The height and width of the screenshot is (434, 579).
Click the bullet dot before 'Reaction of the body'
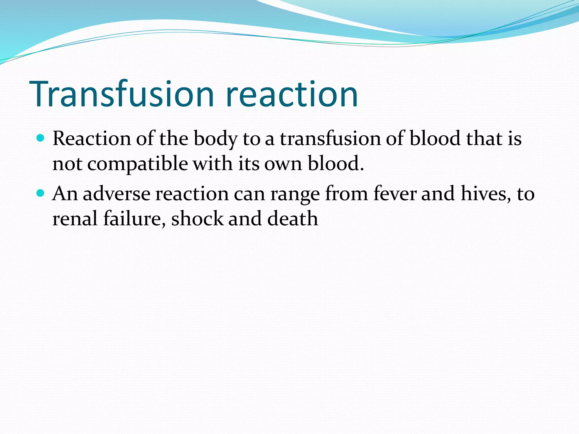[41, 138]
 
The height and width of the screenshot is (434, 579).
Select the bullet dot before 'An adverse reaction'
[41, 193]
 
